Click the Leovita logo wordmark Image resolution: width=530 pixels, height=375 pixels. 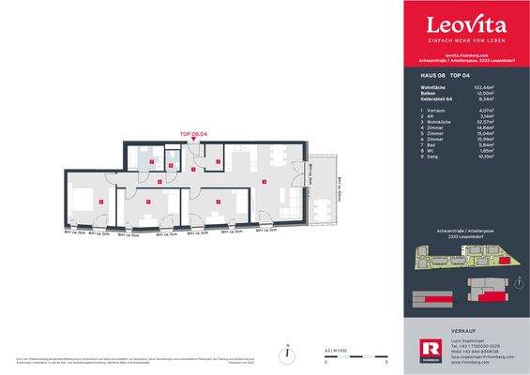(466, 25)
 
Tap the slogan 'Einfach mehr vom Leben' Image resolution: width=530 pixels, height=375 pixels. (466, 42)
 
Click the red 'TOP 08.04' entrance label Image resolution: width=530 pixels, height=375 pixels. (192, 135)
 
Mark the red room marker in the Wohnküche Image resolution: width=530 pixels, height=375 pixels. (265, 180)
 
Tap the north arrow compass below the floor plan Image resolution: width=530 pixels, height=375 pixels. (281, 355)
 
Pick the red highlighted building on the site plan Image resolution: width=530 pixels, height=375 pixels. (507, 267)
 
